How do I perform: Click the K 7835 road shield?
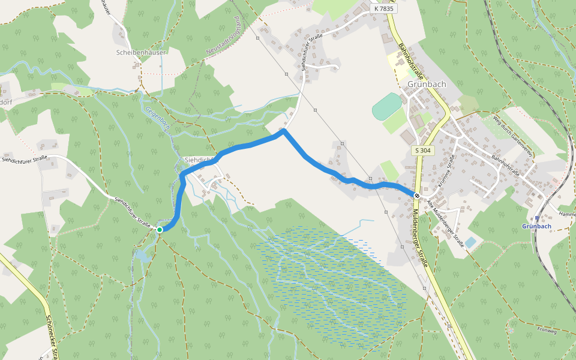(383, 8)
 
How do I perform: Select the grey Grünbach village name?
(427, 84)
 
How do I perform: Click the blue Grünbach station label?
(536, 226)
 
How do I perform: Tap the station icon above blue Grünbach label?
(537, 218)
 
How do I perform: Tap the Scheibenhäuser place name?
(141, 52)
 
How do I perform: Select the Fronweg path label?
(547, 330)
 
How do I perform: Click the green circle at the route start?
(160, 229)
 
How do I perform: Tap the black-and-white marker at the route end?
(416, 195)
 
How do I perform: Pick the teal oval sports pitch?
(386, 106)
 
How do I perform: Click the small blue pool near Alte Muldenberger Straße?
(470, 242)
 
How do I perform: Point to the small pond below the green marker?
(142, 254)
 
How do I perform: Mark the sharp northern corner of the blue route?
(284, 130)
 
